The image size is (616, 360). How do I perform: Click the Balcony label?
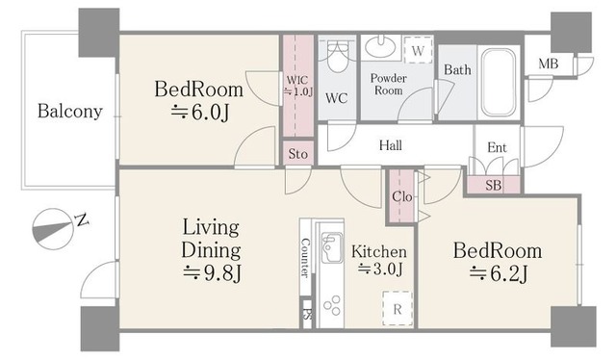click(70, 112)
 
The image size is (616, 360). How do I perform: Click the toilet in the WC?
click(337, 58)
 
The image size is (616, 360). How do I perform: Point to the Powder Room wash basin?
click(380, 47)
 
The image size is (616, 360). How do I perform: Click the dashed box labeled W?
click(419, 50)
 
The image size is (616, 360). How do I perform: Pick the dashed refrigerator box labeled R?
click(398, 309)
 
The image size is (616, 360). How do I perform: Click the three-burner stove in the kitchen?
click(332, 305)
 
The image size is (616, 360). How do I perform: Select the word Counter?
click(305, 258)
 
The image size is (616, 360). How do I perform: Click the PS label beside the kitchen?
click(306, 315)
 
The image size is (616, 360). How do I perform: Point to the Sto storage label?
click(297, 154)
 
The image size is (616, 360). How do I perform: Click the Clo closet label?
click(402, 196)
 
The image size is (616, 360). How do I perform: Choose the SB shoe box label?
click(494, 185)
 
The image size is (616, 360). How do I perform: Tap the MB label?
click(549, 64)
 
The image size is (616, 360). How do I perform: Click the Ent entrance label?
click(497, 148)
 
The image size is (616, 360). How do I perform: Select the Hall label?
click(391, 145)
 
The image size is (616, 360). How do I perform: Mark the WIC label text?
click(297, 80)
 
